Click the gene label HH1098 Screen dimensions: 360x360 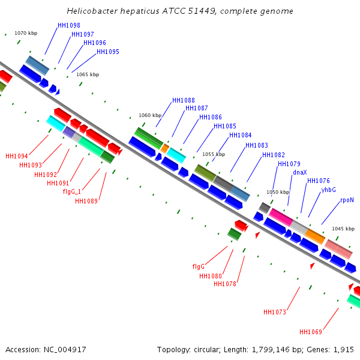[69, 25]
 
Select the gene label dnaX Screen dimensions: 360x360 [300, 172]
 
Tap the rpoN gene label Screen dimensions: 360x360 [347, 200]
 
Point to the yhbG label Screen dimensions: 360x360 [329, 190]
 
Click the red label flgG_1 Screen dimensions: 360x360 [72, 191]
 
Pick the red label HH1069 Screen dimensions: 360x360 [311, 332]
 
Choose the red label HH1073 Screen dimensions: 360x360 [275, 312]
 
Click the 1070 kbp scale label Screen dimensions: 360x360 [26, 33]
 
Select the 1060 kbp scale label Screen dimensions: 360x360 [150, 115]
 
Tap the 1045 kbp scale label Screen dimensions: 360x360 [343, 229]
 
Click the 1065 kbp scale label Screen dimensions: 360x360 [88, 74]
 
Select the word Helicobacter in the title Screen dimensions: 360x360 [92, 11]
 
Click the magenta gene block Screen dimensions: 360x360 [281, 217]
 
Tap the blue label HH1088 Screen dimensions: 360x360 [184, 100]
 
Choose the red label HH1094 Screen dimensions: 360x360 [17, 157]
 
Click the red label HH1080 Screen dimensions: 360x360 [211, 276]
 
